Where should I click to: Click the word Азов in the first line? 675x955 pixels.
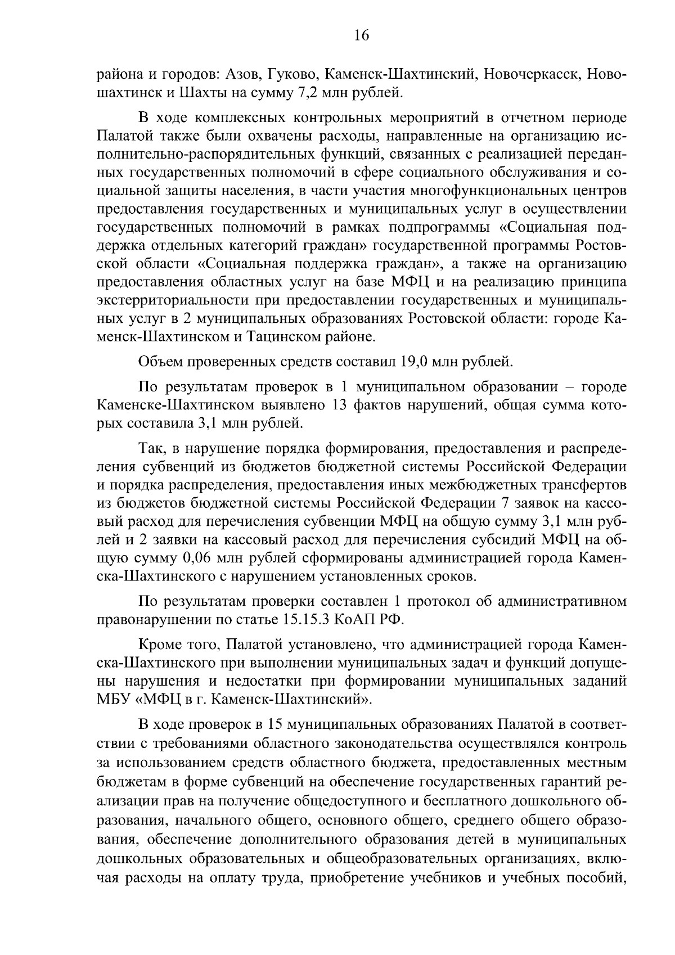(244, 74)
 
